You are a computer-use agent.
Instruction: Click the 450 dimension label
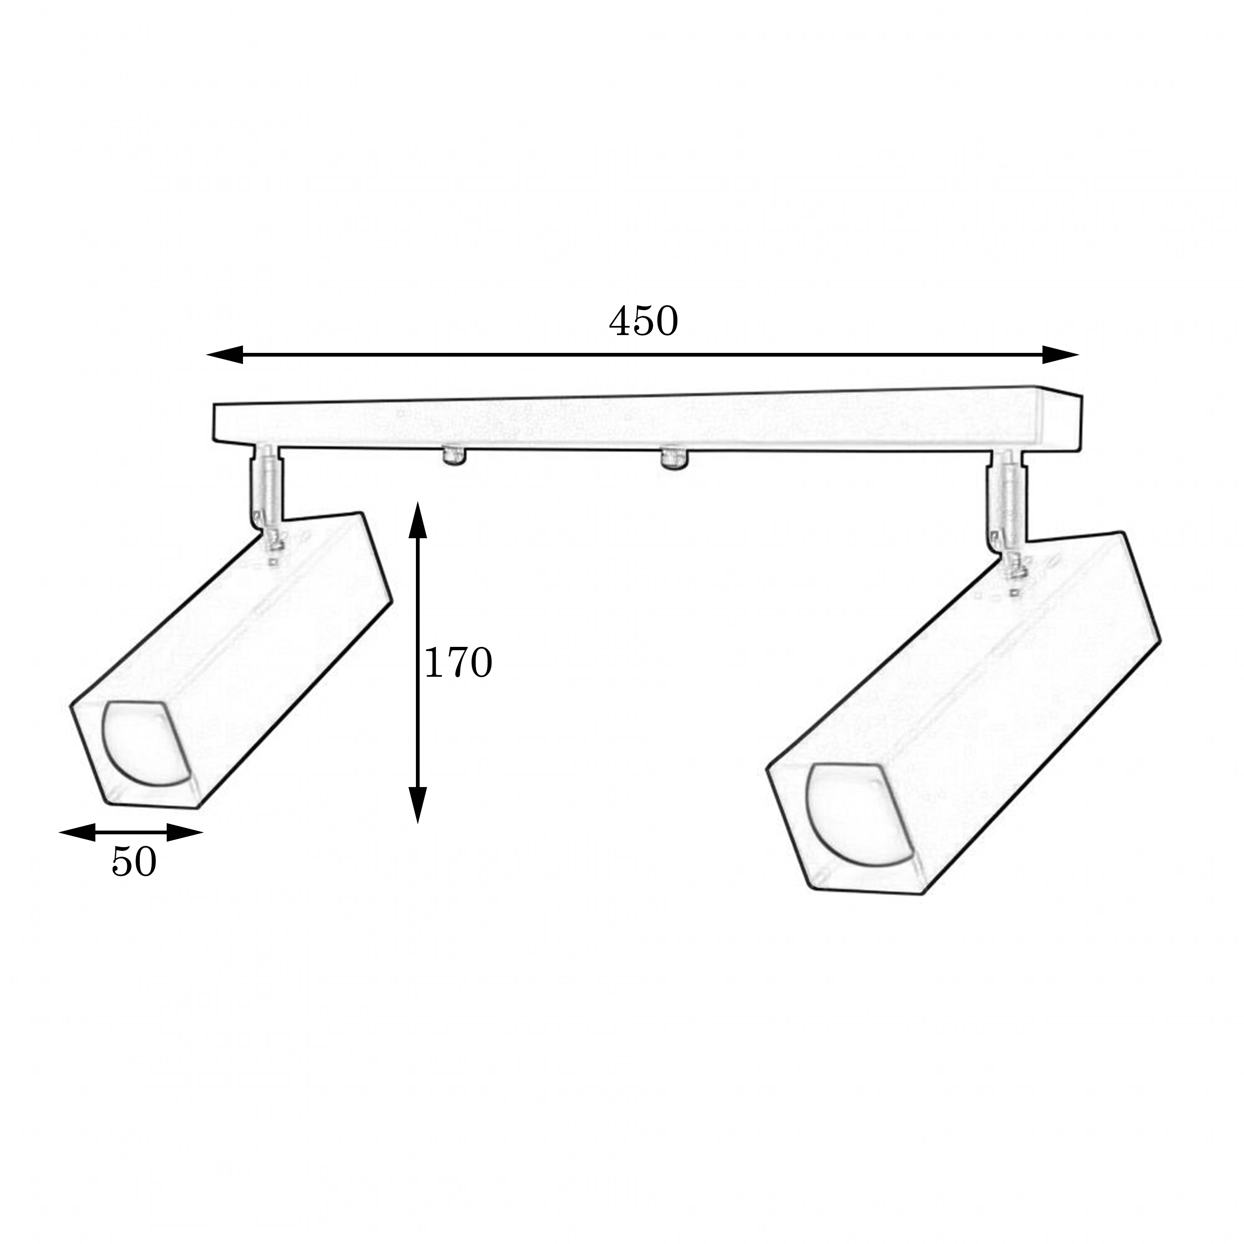[643, 321]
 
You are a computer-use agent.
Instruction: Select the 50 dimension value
[134, 862]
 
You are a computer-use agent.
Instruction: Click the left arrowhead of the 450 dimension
[225, 354]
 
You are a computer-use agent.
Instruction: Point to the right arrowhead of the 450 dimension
[1060, 354]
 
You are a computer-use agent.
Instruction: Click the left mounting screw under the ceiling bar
[454, 456]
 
